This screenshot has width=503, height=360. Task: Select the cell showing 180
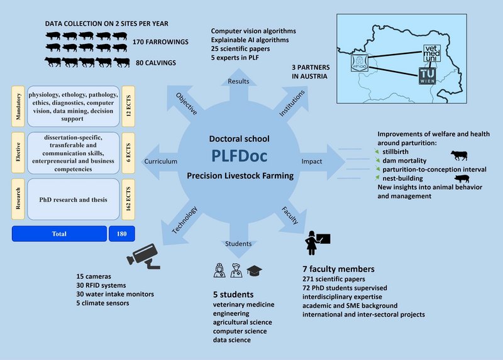(x=122, y=234)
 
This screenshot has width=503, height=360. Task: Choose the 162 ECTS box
(x=129, y=200)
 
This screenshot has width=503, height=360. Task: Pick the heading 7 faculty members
(x=339, y=268)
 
